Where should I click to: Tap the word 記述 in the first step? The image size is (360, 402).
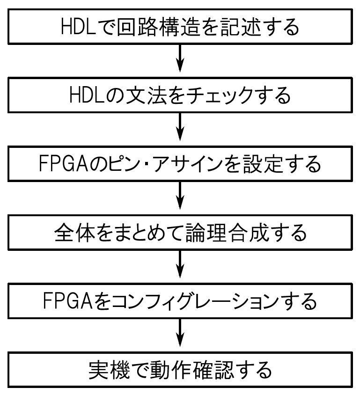pos(243,27)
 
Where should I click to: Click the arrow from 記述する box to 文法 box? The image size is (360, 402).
pos(180,61)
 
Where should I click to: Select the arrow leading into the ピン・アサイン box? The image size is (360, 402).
pos(180,130)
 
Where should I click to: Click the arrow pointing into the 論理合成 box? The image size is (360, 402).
pos(180,198)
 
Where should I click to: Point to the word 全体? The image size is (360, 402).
pos(73,233)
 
